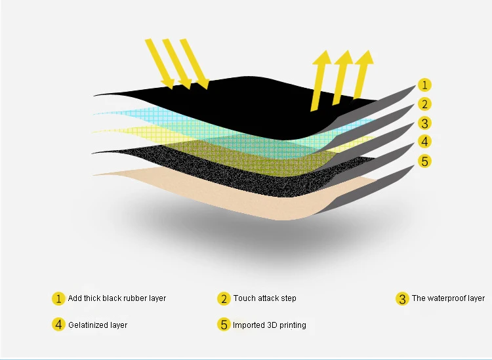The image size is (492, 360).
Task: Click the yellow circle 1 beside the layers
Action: pos(424,85)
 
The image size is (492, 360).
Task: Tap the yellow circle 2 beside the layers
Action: pos(424,104)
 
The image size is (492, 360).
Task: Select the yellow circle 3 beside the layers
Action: pos(424,123)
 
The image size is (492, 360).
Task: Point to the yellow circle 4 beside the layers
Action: pos(424,142)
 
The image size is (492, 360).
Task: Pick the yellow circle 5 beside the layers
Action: pos(424,161)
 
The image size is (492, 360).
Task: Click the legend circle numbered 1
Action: pos(58,298)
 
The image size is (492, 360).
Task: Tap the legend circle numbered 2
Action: pos(224,298)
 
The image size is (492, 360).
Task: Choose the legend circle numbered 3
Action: pos(402,298)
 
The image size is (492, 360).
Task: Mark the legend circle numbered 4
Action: pos(58,325)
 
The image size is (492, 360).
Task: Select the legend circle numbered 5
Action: pos(224,325)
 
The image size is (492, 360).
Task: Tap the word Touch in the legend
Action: pos(244,298)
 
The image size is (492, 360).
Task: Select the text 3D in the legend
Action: pos(272,325)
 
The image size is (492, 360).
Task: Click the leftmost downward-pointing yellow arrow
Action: pos(159,64)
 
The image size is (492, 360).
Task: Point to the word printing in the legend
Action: pos(293,325)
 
